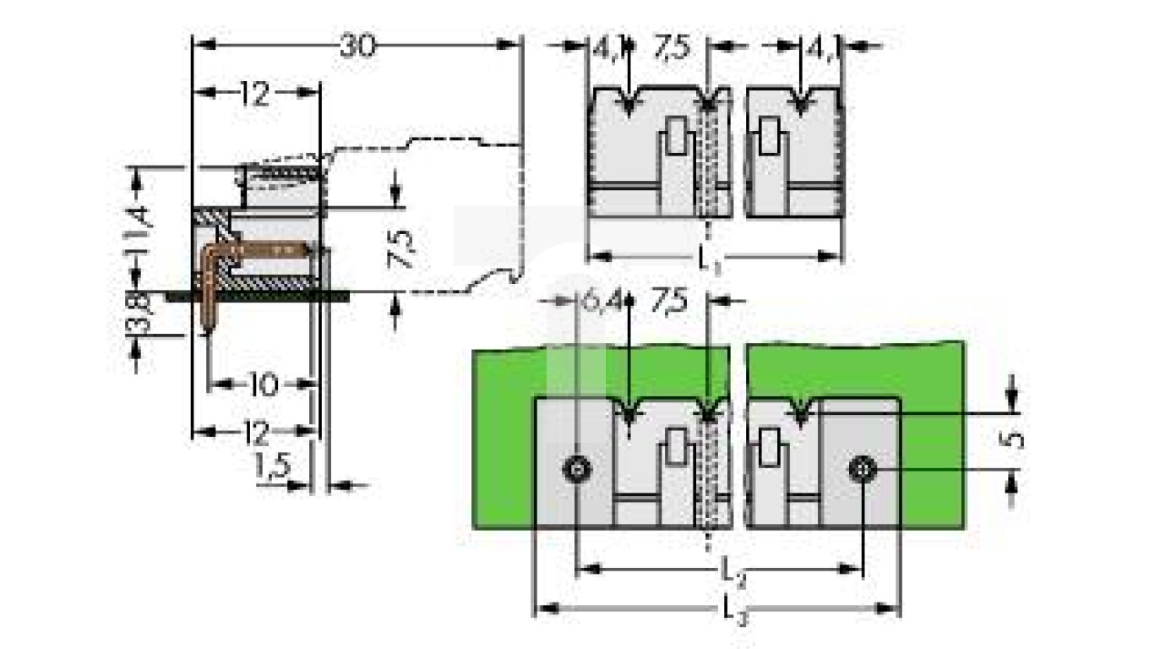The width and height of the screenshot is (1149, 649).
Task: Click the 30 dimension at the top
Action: pos(357,46)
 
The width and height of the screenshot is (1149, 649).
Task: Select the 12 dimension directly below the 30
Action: pos(253,95)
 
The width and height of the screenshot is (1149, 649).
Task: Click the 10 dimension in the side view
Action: pos(263,385)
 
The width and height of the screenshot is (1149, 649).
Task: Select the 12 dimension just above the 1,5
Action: pos(254,434)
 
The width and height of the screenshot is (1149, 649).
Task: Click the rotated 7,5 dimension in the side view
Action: pos(403,249)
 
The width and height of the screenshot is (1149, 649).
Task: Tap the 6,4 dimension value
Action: pos(600,300)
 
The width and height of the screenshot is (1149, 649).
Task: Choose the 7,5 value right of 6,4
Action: pos(670,300)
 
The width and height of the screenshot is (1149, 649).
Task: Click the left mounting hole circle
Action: pos(578,468)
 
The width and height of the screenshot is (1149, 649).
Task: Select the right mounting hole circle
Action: pos(860,467)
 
